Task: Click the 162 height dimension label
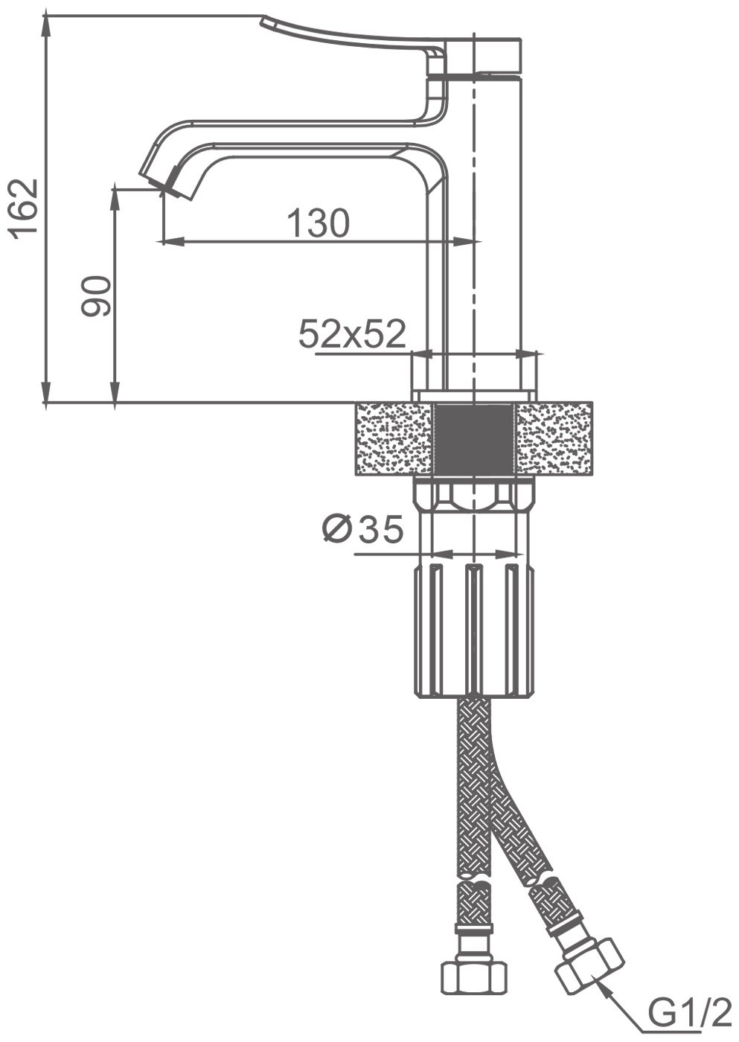pos(24,208)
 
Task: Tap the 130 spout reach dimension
pos(318,223)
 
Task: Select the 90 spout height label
pos(96,296)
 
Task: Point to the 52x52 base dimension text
pos(352,334)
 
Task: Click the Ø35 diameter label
pos(362,529)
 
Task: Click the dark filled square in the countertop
pos(474,440)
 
